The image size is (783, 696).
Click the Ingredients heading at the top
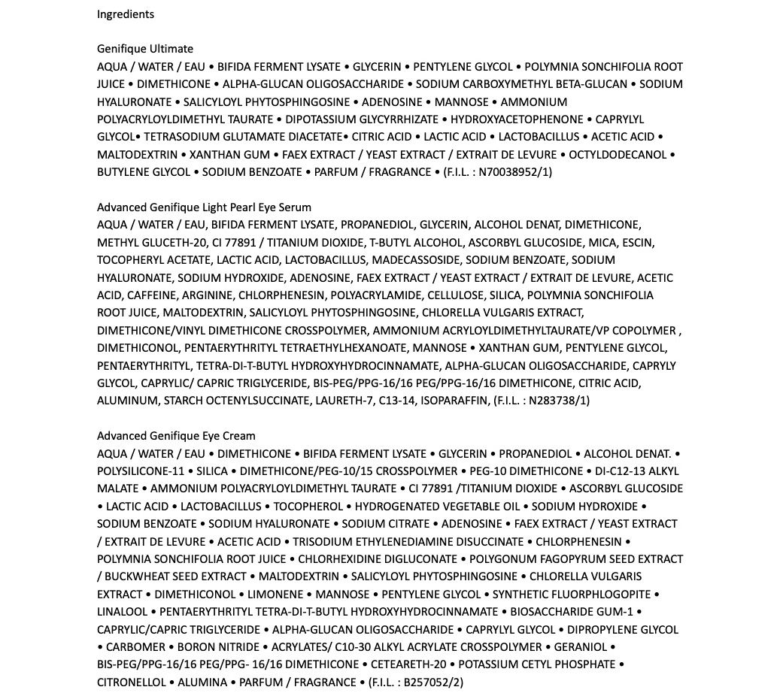pos(126,14)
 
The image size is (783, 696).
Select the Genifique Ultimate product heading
pos(145,49)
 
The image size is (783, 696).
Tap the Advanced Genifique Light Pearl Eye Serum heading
pos(204,207)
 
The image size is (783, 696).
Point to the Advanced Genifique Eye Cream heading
pos(176,435)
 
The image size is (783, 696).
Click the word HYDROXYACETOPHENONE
pos(517,120)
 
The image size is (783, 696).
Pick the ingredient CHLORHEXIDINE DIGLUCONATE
pos(378,559)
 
